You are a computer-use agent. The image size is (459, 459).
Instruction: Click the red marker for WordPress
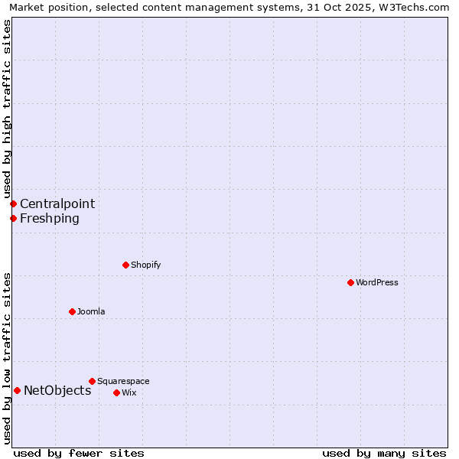(x=350, y=282)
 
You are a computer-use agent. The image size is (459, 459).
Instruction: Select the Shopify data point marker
(x=125, y=265)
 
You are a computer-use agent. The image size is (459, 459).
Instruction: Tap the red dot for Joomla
(x=72, y=311)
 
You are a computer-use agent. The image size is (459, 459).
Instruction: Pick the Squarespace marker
(x=92, y=381)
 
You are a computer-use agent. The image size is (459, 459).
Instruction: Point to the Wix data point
(x=116, y=392)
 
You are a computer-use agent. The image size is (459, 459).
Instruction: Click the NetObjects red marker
(x=17, y=390)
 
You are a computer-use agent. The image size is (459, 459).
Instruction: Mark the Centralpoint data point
(x=13, y=203)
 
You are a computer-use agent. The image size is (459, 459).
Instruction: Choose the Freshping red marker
(x=13, y=218)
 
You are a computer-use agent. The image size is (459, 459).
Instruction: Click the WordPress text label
(x=377, y=282)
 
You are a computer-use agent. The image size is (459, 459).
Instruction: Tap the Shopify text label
(x=145, y=265)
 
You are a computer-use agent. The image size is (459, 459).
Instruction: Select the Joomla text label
(x=91, y=311)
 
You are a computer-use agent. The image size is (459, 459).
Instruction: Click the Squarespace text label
(x=123, y=381)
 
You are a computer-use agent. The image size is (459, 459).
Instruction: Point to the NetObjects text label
(x=57, y=391)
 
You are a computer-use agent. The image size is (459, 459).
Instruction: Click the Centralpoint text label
(x=57, y=203)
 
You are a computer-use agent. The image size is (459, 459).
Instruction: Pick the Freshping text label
(x=50, y=218)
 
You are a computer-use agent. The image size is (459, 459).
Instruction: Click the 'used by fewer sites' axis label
(x=79, y=453)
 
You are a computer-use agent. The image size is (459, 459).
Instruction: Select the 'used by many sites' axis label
(x=384, y=453)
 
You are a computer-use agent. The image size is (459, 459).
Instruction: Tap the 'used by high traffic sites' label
(x=7, y=109)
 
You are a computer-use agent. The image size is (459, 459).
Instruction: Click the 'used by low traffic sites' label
(x=7, y=358)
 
